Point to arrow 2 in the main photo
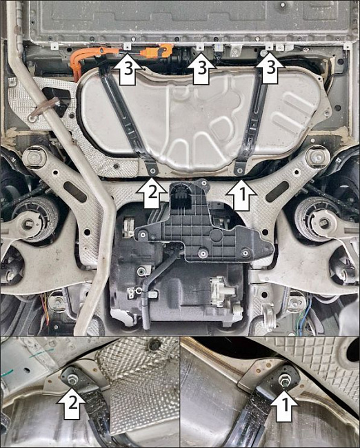coord(152,192)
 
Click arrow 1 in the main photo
coord(241,194)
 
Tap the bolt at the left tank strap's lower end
coord(152,170)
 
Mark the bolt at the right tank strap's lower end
coord(239,170)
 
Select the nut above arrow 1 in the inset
coord(285,378)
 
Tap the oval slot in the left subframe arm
coord(75,192)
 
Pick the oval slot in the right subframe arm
coord(277,191)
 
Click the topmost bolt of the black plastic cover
coord(203,182)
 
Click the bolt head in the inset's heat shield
coord(154,345)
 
